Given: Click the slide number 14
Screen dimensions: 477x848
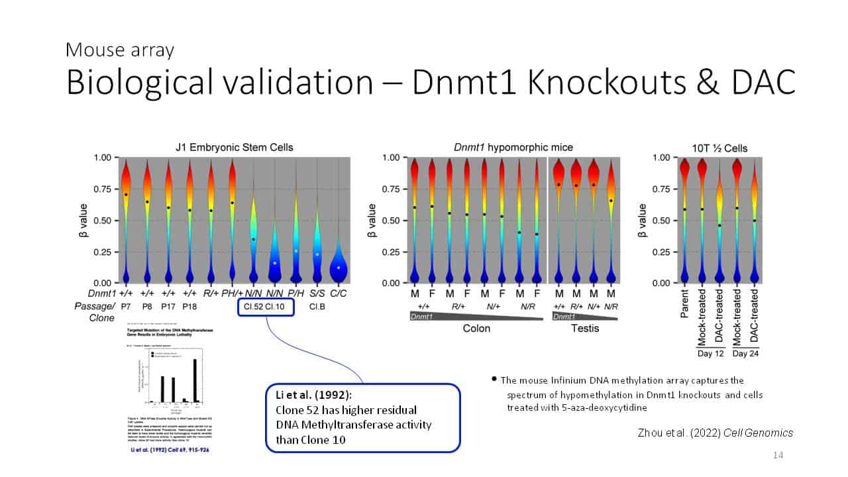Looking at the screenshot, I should [778, 455].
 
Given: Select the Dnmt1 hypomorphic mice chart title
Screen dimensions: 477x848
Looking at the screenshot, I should [513, 147].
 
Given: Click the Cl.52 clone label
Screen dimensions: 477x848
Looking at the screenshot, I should [252, 307].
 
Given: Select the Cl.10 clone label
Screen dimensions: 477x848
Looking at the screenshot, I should [278, 307].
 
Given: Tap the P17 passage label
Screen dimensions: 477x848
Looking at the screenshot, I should [168, 307].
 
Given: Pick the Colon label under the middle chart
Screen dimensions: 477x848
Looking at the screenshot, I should [476, 329].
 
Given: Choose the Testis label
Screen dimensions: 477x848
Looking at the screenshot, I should [585, 329].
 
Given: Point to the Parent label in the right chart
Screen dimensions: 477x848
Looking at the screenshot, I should [685, 303].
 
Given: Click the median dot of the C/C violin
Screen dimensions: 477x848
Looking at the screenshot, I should [339, 268].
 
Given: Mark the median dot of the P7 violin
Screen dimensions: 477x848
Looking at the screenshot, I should [126, 194].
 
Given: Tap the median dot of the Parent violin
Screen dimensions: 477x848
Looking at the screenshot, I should [685, 209].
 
